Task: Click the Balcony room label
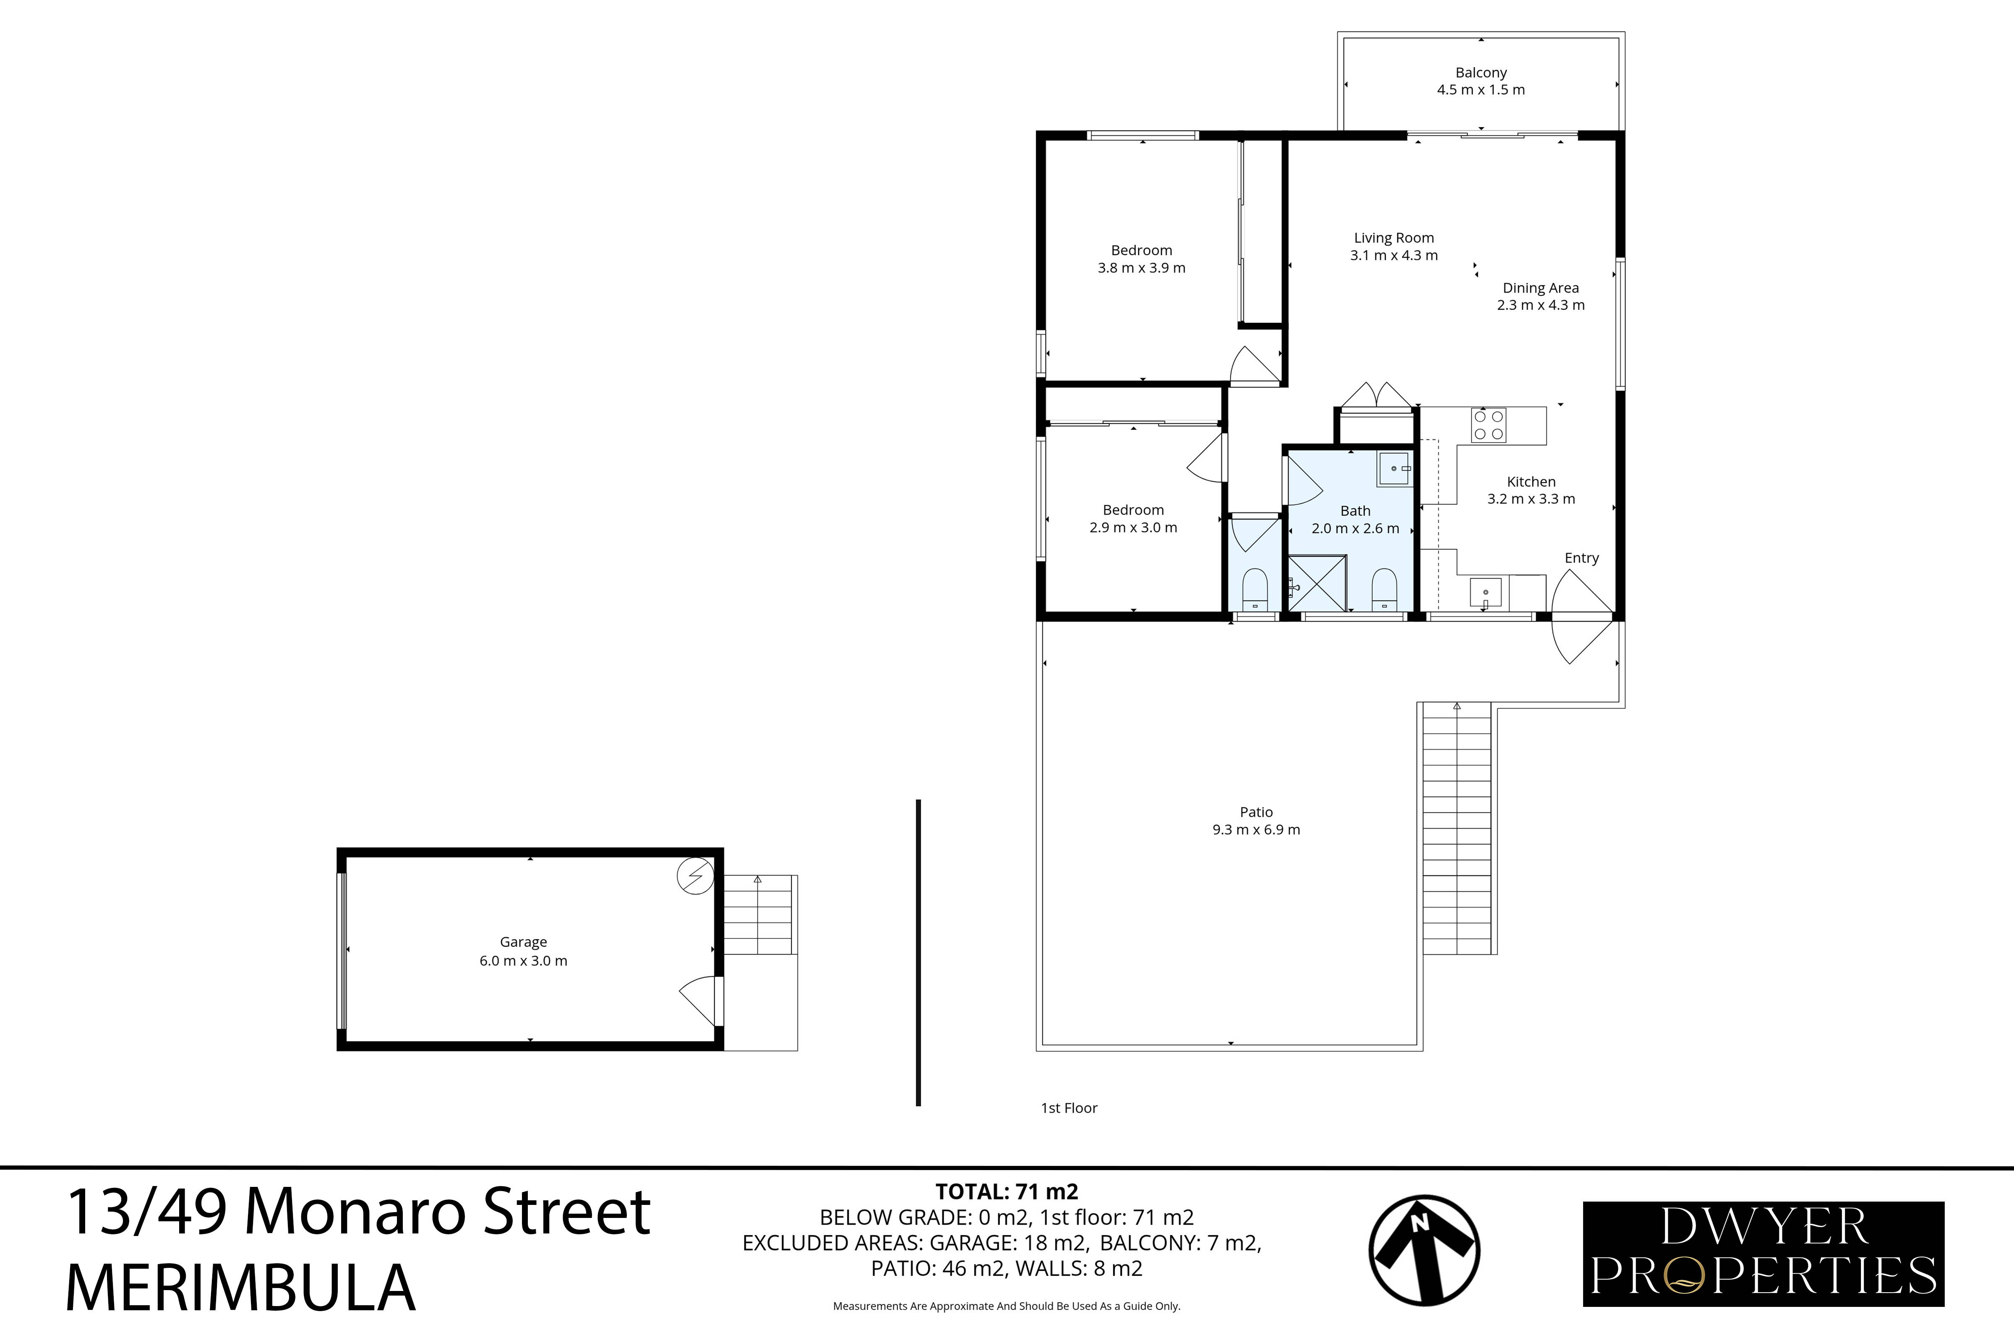click(1481, 73)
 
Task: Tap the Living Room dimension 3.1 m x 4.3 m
click(1393, 255)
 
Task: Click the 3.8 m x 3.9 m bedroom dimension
click(1141, 268)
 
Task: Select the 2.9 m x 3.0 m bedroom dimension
click(1133, 528)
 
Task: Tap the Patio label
click(1255, 812)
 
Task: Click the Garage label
click(523, 942)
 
